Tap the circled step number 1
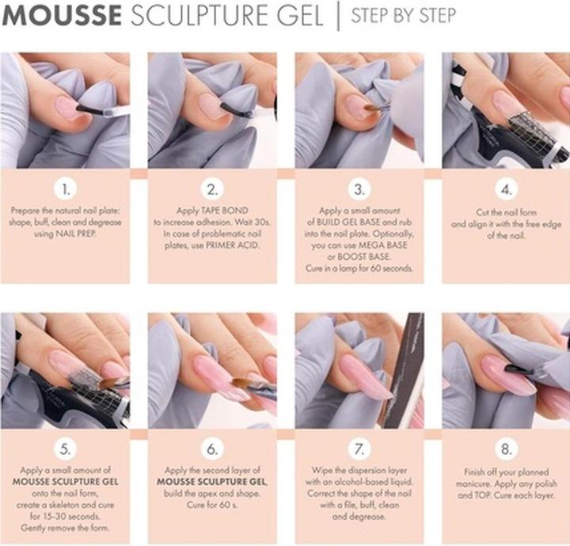(x=66, y=190)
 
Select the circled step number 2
(x=212, y=190)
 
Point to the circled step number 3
(x=359, y=190)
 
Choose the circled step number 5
(x=66, y=449)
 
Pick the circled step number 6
(x=212, y=449)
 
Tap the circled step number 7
(x=359, y=449)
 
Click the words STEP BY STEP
(x=403, y=16)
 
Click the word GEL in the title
(x=300, y=17)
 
